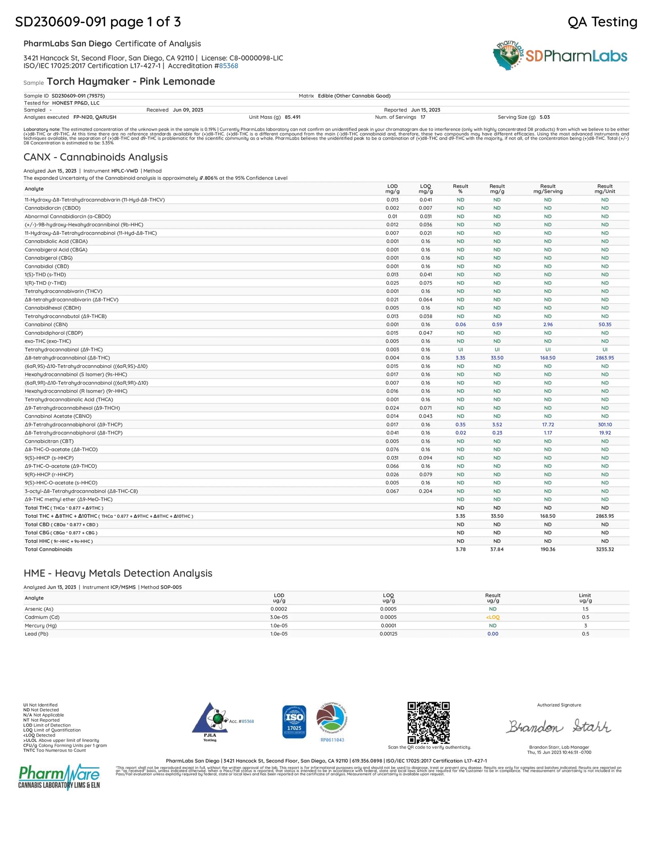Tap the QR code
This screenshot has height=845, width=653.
click(428, 722)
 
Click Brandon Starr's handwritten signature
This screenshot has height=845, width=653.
click(558, 727)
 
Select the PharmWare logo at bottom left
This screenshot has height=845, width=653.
click(59, 776)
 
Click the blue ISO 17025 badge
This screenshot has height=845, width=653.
click(294, 722)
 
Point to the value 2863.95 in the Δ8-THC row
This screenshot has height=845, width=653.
click(605, 358)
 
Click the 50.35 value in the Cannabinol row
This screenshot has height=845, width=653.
click(605, 324)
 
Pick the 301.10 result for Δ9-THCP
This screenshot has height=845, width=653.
click(605, 425)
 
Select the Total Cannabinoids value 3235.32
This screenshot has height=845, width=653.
click(605, 549)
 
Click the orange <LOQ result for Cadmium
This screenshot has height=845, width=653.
click(493, 617)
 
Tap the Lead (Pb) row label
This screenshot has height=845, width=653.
click(36, 634)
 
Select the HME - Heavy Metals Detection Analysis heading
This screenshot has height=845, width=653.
click(118, 573)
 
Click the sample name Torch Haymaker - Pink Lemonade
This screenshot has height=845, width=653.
click(131, 81)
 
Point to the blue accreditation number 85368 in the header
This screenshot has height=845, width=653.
click(229, 66)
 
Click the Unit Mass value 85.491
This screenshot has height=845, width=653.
click(292, 117)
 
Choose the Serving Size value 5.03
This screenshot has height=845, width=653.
click(545, 117)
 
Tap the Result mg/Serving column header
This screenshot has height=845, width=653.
click(548, 189)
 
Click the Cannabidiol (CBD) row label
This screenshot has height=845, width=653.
click(47, 267)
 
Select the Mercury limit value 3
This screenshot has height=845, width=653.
click(585, 626)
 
